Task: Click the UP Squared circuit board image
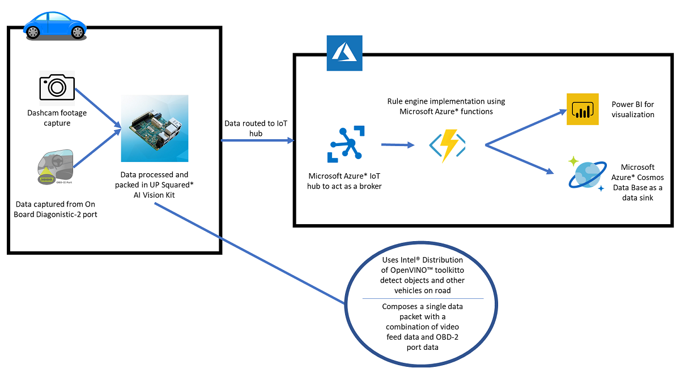click(x=155, y=128)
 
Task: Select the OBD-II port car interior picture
click(x=52, y=167)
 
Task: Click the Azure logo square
click(x=344, y=53)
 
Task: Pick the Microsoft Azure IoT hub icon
click(x=345, y=145)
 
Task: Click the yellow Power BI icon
click(x=583, y=109)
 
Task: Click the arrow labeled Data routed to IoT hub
click(x=258, y=140)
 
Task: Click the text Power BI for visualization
click(x=633, y=109)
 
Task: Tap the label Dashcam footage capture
click(x=57, y=118)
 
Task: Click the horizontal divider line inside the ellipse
click(x=423, y=298)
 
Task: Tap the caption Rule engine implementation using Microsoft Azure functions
click(x=446, y=106)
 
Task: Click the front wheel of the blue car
click(x=77, y=33)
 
